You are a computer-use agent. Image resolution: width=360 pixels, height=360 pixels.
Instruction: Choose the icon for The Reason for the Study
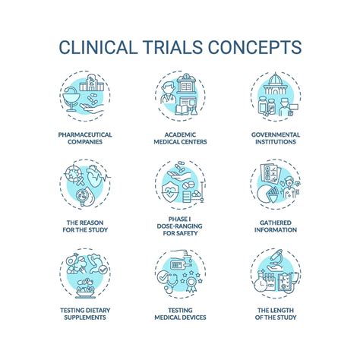pos(84,186)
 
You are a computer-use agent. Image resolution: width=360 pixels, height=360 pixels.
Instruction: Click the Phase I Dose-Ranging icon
pos(181,186)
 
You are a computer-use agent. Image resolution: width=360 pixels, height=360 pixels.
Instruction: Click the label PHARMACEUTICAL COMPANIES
pos(84,139)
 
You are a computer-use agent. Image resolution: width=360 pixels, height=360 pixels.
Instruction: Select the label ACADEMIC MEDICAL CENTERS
pos(181,139)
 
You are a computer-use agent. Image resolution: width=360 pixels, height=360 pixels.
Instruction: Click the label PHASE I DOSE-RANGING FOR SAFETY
pos(181,231)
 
